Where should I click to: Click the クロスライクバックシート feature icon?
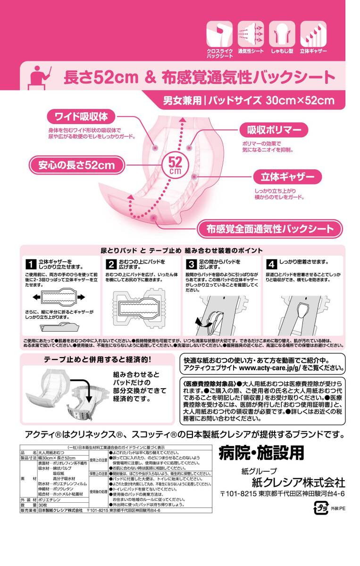[x=219, y=33]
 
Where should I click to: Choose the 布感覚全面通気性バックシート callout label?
[x=270, y=229]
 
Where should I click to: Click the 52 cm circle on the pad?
[x=175, y=165]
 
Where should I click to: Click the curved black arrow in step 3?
[x=203, y=322]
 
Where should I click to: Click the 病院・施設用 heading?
[x=261, y=453]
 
